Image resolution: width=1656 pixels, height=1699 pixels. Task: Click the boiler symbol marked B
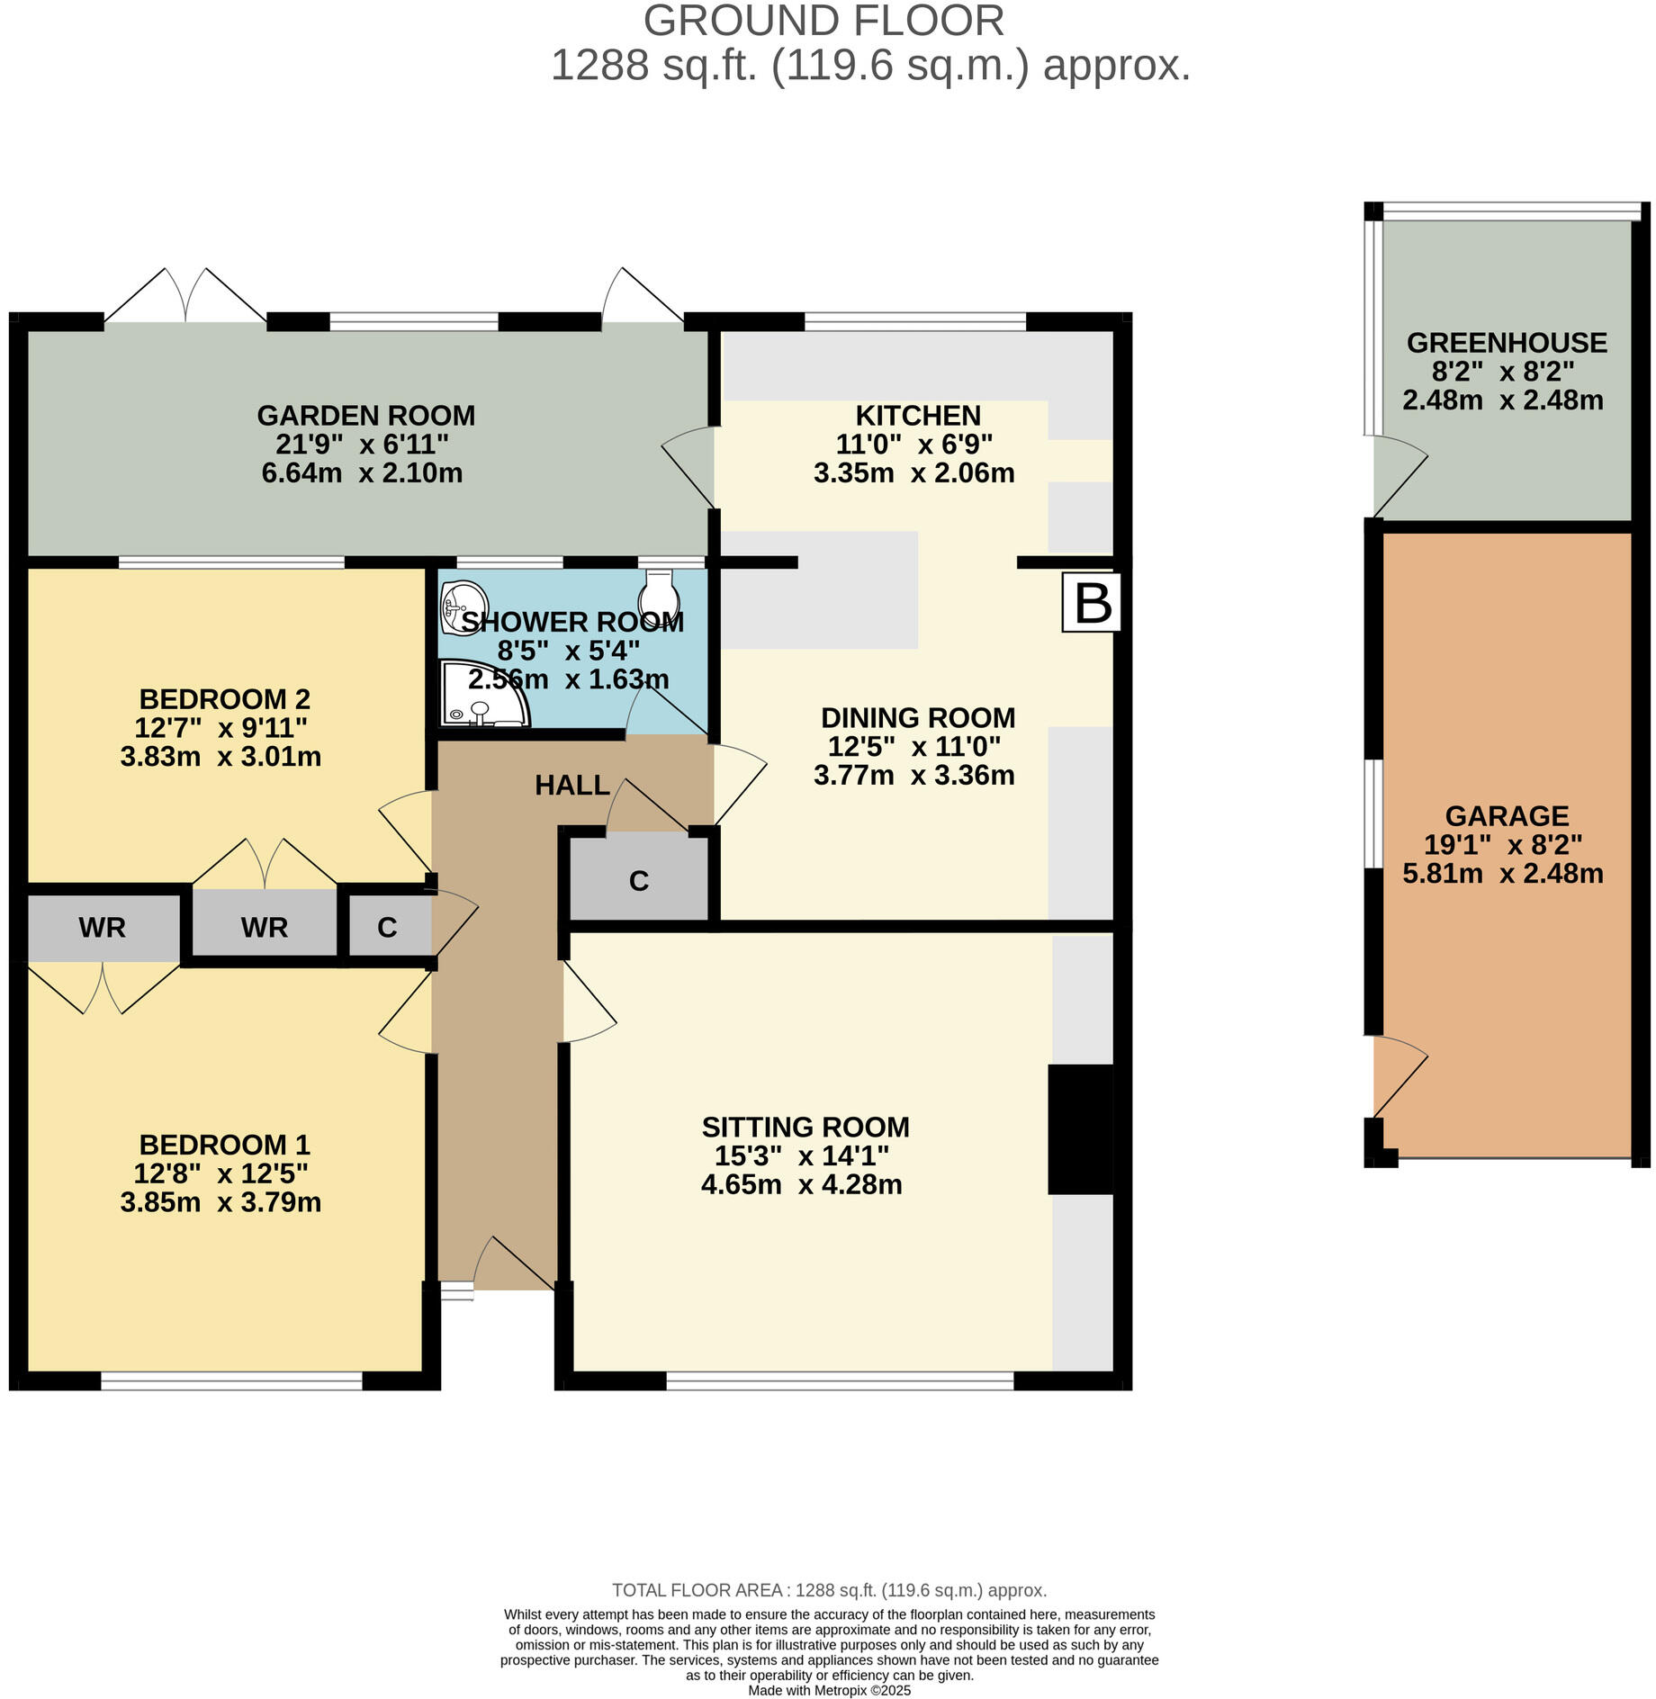tap(1092, 603)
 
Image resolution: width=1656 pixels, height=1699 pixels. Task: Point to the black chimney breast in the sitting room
tap(1080, 1129)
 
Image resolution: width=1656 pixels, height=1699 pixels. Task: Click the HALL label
tap(572, 786)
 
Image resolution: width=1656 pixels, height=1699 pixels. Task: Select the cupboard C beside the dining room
tap(639, 880)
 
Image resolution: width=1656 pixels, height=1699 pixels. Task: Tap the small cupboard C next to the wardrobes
tap(387, 928)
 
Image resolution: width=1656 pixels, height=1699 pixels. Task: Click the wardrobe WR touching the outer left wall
tap(102, 928)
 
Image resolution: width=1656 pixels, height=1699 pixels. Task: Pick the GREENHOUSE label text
tap(1507, 343)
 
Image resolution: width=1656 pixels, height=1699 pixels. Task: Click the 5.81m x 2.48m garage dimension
tap(1502, 873)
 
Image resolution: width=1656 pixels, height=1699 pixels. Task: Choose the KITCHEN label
tap(917, 416)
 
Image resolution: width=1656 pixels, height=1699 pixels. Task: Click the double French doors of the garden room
tap(186, 297)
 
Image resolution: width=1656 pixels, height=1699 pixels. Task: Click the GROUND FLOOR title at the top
tap(823, 21)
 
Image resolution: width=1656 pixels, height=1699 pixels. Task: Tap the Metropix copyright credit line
tap(829, 1691)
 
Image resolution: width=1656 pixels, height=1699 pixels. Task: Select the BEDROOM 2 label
tap(224, 699)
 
